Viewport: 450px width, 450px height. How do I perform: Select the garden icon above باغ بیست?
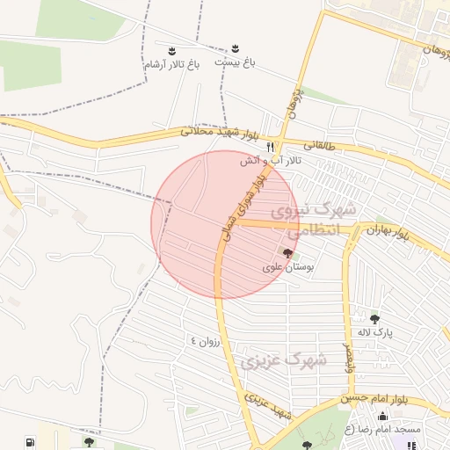(x=235, y=48)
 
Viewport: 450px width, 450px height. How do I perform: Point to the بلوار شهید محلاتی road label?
(x=220, y=134)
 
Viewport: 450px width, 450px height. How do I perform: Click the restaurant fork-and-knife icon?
(x=271, y=147)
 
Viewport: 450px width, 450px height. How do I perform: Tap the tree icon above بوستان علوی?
(x=287, y=253)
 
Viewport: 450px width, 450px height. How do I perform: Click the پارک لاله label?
(x=375, y=332)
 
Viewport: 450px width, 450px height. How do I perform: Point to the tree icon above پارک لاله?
(x=375, y=319)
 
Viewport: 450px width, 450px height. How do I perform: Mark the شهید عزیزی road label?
(x=268, y=407)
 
